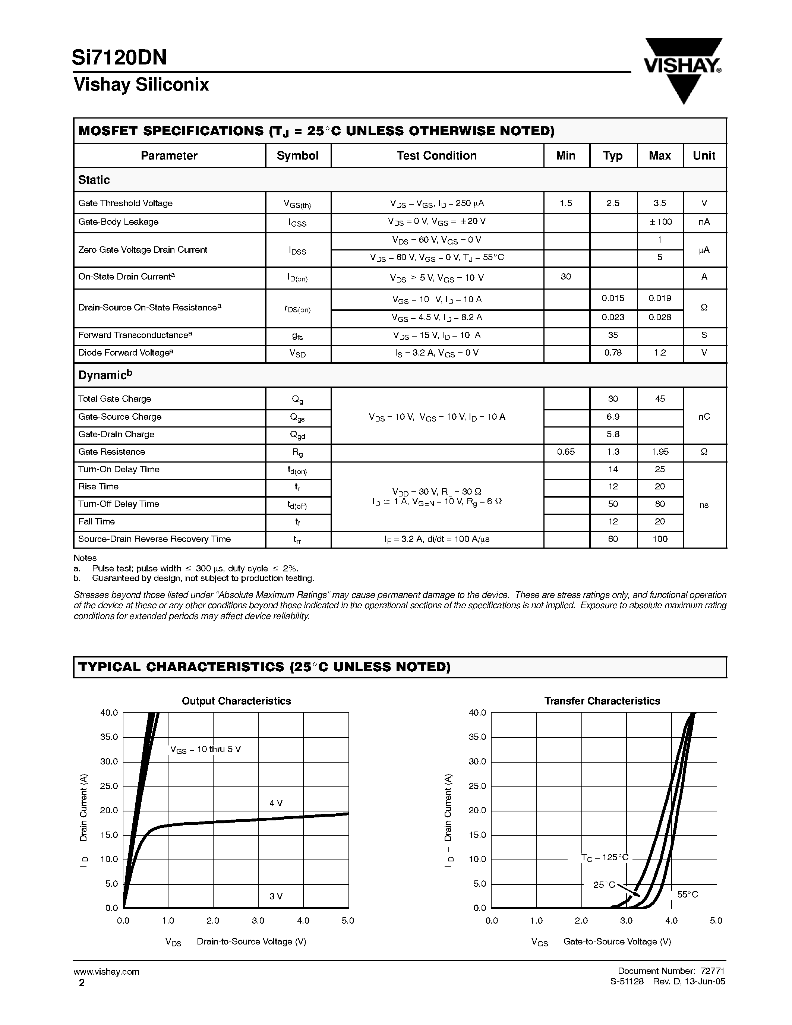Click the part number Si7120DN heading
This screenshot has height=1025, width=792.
pyautogui.click(x=120, y=58)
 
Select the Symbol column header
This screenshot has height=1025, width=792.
pyautogui.click(x=297, y=155)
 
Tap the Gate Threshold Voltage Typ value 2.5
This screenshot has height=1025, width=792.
pyautogui.click(x=613, y=203)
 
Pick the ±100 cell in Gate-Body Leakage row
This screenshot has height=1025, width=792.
pyautogui.click(x=660, y=221)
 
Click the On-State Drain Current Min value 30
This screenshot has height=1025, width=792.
pyautogui.click(x=566, y=277)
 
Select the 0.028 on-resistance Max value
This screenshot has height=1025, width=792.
pyautogui.click(x=660, y=317)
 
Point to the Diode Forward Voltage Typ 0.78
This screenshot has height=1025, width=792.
pyautogui.click(x=613, y=353)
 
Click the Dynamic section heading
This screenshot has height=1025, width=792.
pyautogui.click(x=105, y=375)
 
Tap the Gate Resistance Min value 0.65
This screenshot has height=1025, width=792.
pyautogui.click(x=566, y=451)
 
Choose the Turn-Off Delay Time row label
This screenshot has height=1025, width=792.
pyautogui.click(x=119, y=504)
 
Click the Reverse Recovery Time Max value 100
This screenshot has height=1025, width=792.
pyautogui.click(x=660, y=539)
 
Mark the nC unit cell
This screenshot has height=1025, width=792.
pyautogui.click(x=704, y=416)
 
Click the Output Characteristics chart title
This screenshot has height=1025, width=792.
pyautogui.click(x=236, y=701)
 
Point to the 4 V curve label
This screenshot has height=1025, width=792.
pyautogui.click(x=276, y=803)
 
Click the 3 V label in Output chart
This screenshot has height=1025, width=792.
pyautogui.click(x=276, y=896)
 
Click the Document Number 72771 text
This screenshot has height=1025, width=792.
pyautogui.click(x=671, y=971)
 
